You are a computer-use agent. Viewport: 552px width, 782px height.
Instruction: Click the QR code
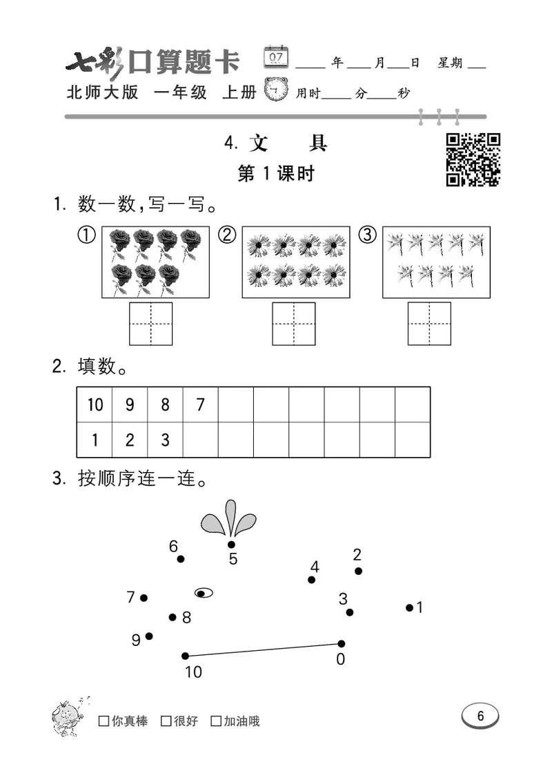tap(473, 159)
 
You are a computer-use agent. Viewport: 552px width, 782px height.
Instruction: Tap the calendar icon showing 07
tap(276, 57)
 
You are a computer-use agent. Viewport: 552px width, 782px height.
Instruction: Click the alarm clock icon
tap(277, 90)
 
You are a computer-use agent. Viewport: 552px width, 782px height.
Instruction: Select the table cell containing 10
tap(95, 404)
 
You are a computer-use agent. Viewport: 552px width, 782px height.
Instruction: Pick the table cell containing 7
tap(200, 404)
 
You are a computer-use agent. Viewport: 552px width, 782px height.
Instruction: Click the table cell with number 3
tap(165, 440)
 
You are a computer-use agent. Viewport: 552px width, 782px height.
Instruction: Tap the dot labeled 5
tap(231, 545)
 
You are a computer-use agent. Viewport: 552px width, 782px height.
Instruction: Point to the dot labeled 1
tap(409, 608)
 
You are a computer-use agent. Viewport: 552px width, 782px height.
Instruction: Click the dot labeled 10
tap(185, 656)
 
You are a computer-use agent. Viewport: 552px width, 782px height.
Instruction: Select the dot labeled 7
tap(144, 598)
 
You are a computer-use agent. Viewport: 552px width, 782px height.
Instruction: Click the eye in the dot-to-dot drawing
tap(204, 592)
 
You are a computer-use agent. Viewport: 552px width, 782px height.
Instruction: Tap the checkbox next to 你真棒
tap(103, 721)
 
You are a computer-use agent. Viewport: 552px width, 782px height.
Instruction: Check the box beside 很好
tap(166, 721)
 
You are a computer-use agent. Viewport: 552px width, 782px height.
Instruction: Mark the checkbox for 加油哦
tap(216, 721)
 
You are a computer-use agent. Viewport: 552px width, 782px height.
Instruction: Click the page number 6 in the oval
tap(480, 716)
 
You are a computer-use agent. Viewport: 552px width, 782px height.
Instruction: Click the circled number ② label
tap(227, 235)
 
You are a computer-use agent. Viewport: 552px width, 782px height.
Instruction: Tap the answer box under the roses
tap(151, 323)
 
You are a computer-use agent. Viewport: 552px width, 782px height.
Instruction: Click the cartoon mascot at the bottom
tap(68, 716)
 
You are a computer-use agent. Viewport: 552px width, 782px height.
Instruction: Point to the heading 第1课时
tap(275, 174)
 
